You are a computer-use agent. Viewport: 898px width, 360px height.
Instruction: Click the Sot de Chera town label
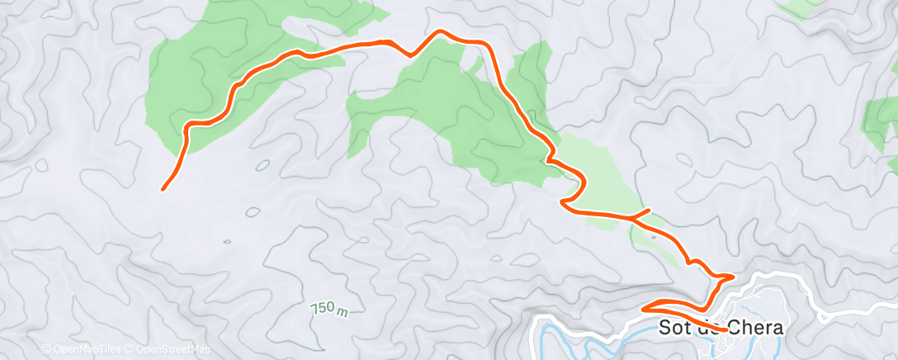coord(721,328)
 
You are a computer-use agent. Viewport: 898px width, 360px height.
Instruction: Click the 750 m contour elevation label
coord(328,309)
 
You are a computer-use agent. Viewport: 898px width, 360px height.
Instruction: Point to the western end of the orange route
coord(163,189)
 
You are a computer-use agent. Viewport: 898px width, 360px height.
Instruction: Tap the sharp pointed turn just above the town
coord(732,276)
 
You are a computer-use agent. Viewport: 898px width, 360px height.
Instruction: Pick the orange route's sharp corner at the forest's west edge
coord(188,126)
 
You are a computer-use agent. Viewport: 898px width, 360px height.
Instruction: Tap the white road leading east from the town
coord(858,310)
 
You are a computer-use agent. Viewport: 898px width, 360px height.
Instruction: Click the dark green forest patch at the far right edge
coord(880,124)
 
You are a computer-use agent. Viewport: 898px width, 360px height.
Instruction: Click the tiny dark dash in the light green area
coord(654,234)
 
